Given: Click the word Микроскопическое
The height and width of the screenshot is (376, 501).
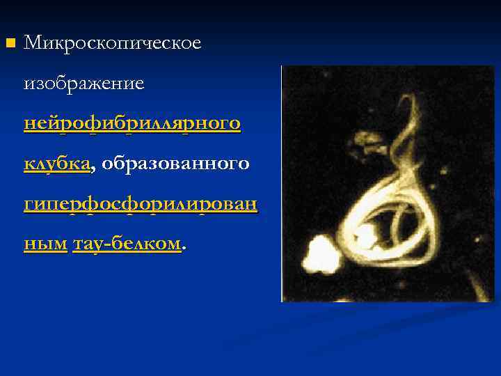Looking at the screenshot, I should [x=113, y=43].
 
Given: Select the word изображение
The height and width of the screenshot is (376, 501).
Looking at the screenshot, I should [x=84, y=84].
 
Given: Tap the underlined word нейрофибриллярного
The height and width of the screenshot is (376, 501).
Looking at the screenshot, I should [x=132, y=124].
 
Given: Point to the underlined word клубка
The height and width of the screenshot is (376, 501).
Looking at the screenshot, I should [x=57, y=164].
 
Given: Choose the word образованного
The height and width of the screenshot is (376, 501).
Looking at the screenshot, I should [x=175, y=164].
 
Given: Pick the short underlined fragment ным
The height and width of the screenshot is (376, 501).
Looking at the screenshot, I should [x=45, y=244].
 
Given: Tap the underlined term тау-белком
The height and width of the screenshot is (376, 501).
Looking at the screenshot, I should [x=126, y=244].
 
